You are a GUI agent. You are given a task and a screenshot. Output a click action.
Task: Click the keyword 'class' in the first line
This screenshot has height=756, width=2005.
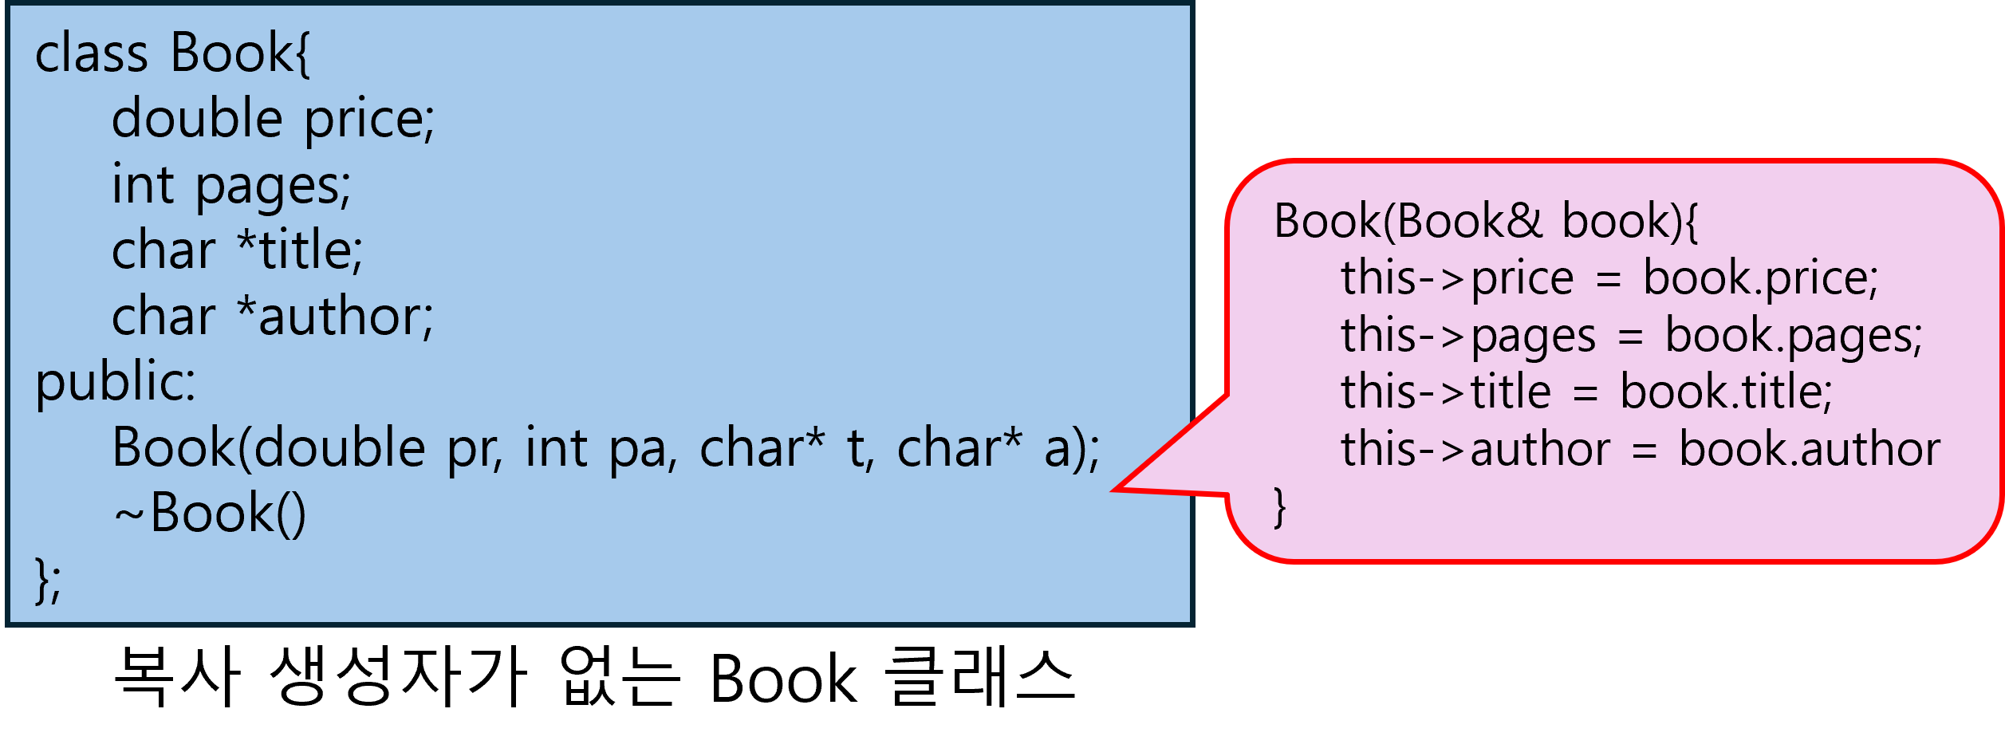(x=91, y=54)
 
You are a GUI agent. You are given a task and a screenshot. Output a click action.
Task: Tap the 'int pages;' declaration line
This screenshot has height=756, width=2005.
(x=231, y=186)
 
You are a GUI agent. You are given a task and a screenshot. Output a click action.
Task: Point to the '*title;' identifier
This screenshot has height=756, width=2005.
(x=300, y=250)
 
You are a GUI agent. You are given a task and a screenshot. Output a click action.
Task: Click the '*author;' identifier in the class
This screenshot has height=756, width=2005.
(x=335, y=317)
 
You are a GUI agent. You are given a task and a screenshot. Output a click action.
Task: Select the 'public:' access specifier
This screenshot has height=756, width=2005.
(x=116, y=382)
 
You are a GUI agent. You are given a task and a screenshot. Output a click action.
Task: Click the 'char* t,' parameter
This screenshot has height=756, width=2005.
(x=786, y=448)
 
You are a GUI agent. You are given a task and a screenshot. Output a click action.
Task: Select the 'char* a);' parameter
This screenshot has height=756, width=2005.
(x=998, y=448)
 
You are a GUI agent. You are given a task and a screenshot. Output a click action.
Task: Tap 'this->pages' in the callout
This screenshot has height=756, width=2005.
(x=1467, y=336)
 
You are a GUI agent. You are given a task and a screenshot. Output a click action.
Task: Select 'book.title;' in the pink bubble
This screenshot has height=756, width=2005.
(x=1726, y=392)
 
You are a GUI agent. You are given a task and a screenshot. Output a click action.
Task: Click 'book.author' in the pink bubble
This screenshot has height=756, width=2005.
(x=1809, y=450)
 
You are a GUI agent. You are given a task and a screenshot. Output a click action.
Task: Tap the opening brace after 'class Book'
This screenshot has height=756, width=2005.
(x=303, y=54)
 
